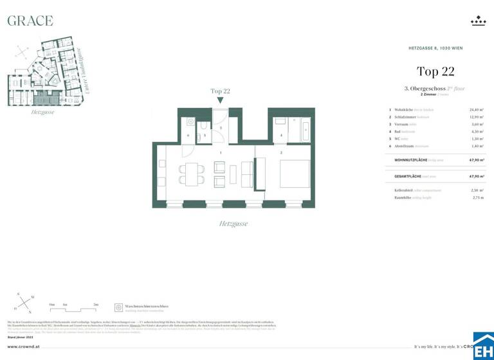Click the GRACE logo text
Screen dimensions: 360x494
[30, 21]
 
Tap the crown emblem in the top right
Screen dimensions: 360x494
[478, 21]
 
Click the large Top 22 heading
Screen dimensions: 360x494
[435, 71]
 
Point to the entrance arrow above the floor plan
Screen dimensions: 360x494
[221, 100]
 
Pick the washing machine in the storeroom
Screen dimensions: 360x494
[190, 122]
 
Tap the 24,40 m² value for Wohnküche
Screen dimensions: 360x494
[477, 109]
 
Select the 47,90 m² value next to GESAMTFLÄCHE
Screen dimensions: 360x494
[477, 175]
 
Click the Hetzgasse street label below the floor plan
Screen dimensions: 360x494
[233, 224]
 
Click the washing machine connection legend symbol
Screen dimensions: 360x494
[118, 307]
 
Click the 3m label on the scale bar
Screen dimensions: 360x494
[96, 303]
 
